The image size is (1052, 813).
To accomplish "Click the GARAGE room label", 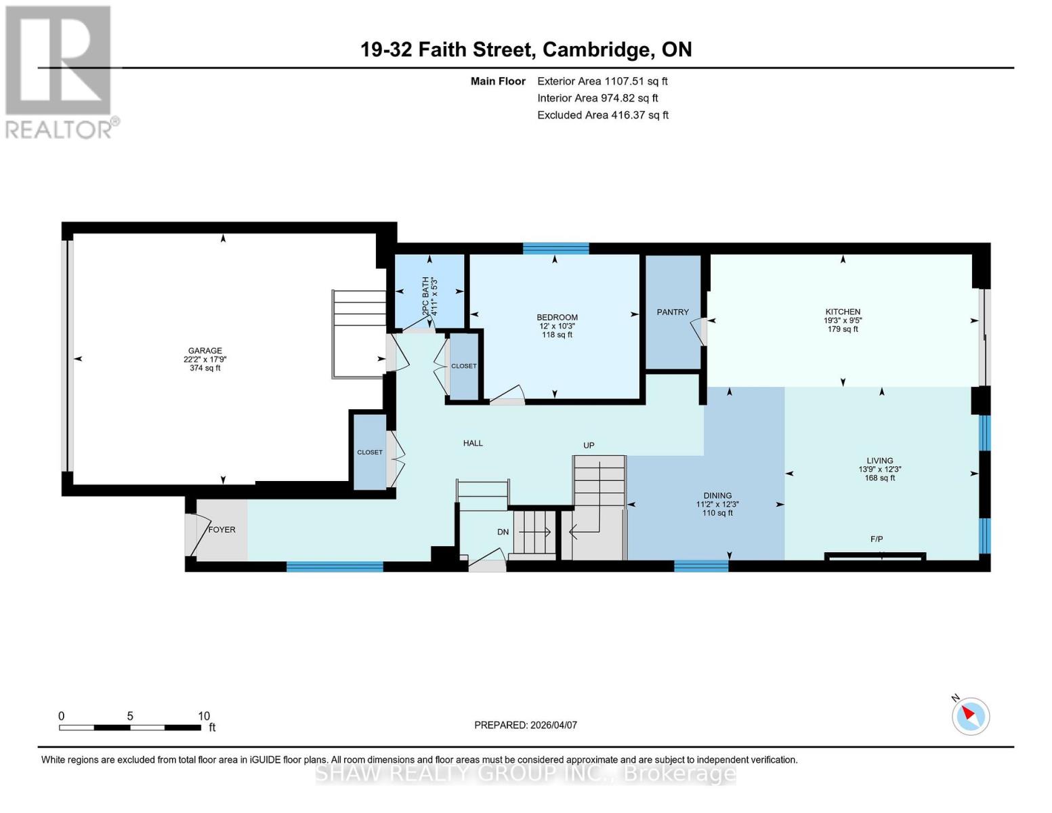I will [205, 351].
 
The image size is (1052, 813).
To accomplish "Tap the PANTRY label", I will [672, 312].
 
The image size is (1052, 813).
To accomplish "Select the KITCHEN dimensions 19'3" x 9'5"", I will [843, 320].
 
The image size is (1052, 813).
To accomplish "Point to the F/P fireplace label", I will [877, 539].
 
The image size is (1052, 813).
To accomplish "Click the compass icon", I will [971, 716].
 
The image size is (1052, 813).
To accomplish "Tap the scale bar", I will [130, 728].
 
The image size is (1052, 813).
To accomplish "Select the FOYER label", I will [222, 530].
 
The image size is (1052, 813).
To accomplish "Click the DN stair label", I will [503, 533].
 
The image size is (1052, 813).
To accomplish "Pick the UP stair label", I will [589, 445].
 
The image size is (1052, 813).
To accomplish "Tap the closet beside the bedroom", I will [464, 366].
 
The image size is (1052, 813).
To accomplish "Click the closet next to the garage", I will [370, 452].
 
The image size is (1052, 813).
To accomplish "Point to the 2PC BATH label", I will [426, 295].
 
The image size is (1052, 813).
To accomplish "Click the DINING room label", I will [717, 496].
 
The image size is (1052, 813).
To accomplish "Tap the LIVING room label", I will [879, 461].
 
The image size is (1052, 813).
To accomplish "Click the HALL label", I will [473, 443].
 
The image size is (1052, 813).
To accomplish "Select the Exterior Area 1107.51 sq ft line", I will [602, 81].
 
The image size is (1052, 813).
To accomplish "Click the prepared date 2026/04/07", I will [526, 725].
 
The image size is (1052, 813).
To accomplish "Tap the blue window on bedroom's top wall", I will [555, 249].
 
